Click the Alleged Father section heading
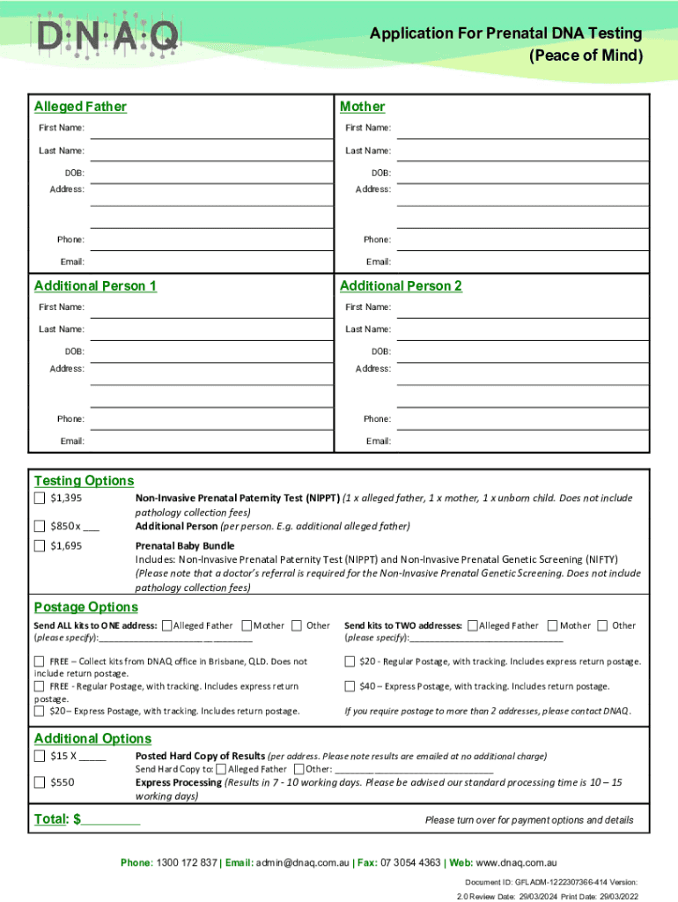click(x=80, y=107)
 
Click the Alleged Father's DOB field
click(x=211, y=174)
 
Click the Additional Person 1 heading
click(x=95, y=286)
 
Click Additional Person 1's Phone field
click(x=211, y=419)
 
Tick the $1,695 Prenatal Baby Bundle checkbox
click(x=40, y=546)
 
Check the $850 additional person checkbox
click(x=40, y=527)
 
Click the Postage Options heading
click(x=85, y=607)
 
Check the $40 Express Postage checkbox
click(x=350, y=686)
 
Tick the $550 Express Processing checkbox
click(x=40, y=782)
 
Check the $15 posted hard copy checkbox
click(x=40, y=757)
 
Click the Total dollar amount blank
click(x=111, y=820)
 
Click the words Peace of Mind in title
click(x=586, y=56)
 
